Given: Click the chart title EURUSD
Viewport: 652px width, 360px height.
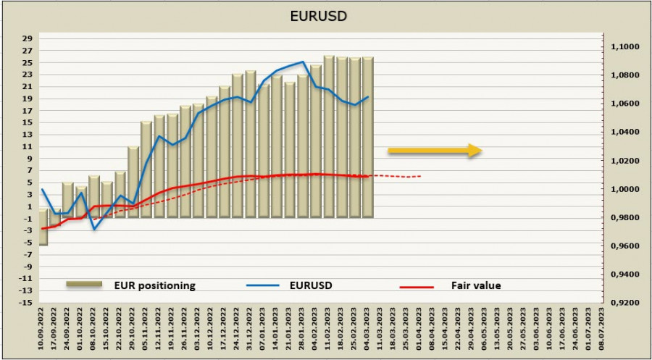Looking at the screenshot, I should (x=326, y=16).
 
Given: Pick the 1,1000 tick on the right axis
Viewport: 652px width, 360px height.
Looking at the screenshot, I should (x=625, y=47).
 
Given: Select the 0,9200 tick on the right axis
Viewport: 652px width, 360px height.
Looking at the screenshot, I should (x=625, y=304).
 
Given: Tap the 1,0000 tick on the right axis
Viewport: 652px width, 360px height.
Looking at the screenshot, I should (x=625, y=190).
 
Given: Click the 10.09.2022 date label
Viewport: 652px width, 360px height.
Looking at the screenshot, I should (x=43, y=330).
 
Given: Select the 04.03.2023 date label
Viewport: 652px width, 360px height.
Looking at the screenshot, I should (x=368, y=330).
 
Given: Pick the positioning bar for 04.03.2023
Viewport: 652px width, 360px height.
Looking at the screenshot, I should (x=368, y=138).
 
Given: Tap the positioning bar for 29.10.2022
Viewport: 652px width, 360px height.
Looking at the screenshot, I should (x=133, y=181).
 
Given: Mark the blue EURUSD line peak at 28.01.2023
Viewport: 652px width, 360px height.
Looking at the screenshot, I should (x=303, y=62).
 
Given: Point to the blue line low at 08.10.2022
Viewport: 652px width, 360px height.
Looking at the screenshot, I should (x=94, y=230).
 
